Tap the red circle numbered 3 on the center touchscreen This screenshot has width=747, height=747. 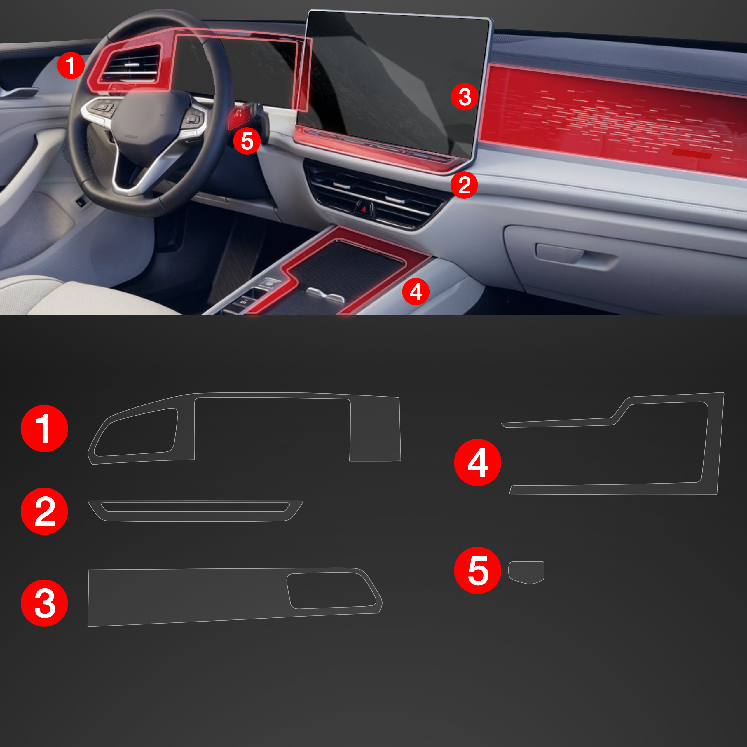point(464,97)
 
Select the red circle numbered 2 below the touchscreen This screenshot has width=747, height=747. point(464,185)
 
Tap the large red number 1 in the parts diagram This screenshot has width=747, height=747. point(44,428)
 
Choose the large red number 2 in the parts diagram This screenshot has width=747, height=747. point(44,511)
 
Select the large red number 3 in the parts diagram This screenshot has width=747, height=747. point(44,603)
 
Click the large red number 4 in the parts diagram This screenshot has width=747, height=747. point(477,462)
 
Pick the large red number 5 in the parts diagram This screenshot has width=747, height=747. point(477,570)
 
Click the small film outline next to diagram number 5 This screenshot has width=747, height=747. point(526,572)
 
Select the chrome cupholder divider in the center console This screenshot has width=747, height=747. point(325,294)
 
